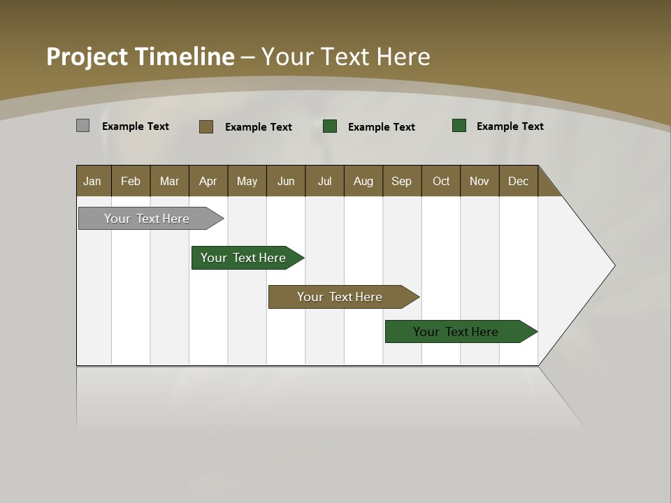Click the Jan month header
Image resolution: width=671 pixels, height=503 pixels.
coord(93,181)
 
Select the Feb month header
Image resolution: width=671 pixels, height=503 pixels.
coord(131,181)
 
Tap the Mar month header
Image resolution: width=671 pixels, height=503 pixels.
coord(169,181)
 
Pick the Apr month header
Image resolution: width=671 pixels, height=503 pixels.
coord(208,181)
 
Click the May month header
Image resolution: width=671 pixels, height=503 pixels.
coord(247,181)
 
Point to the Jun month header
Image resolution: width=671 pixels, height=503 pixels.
coord(286,181)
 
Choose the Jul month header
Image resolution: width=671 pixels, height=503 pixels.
coord(324,181)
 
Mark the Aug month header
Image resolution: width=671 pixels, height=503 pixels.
coord(363,181)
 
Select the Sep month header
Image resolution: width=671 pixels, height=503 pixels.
coord(402,181)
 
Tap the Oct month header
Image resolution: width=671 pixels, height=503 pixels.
coord(441,181)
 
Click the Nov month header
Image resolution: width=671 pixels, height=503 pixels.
coord(479,181)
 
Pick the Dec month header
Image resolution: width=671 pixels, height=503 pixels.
coord(519,181)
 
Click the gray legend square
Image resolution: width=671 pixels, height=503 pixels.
coord(82,126)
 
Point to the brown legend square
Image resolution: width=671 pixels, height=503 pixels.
coord(205,126)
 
